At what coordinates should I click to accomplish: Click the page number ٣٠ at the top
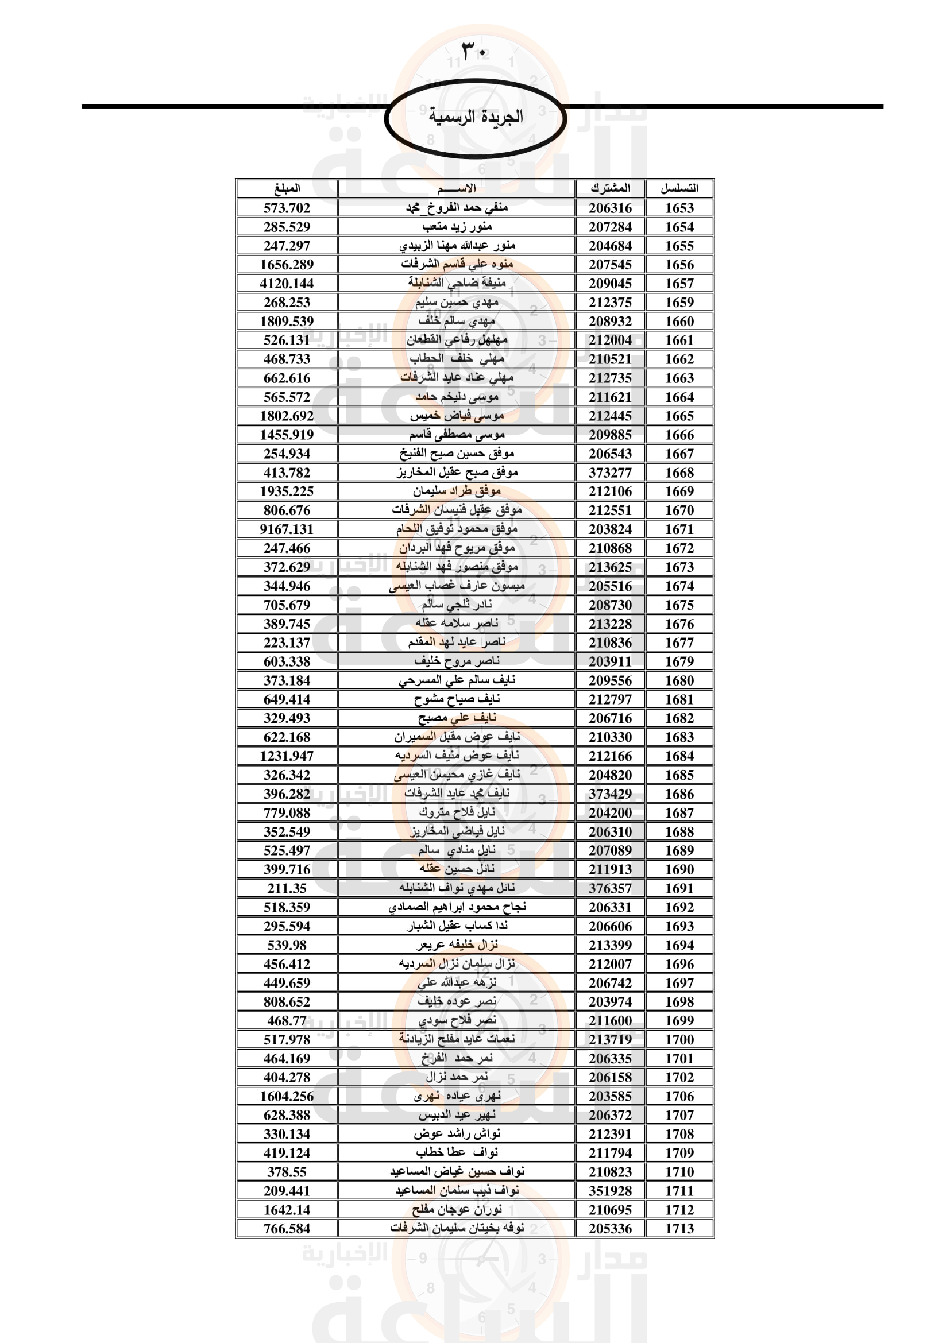pos(474,51)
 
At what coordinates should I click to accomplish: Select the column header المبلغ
pos(287,188)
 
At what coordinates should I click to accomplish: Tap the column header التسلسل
pos(679,188)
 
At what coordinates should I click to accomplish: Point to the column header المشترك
pos(610,188)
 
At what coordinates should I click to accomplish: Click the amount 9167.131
pos(287,529)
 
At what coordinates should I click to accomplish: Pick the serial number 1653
pos(679,208)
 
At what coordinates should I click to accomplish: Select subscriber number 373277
pos(610,473)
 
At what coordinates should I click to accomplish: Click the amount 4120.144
pos(287,284)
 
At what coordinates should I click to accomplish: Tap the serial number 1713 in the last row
pos(679,1229)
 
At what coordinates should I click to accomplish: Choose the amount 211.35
pos(287,888)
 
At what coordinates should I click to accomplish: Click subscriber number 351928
pos(610,1191)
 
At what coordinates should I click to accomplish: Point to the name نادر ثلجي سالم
pos(457,605)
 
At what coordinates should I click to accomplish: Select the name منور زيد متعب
pos(457,227)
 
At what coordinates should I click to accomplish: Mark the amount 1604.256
pos(287,1097)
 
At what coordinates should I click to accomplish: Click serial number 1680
pos(679,681)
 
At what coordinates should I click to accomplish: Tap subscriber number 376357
pos(610,888)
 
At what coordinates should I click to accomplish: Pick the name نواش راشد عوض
pos(457,1134)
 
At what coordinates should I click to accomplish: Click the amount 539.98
pos(287,945)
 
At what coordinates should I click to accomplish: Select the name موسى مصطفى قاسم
pos(457,435)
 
